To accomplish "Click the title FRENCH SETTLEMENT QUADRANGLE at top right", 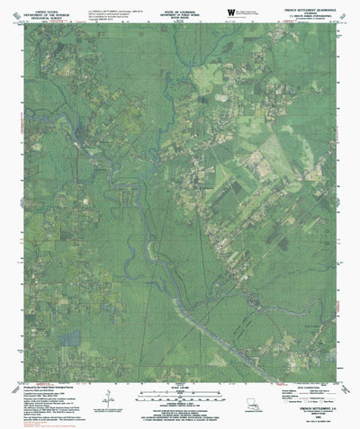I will pyautogui.click(x=297, y=8).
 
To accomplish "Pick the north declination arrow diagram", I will pyautogui.click(x=107, y=397).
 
